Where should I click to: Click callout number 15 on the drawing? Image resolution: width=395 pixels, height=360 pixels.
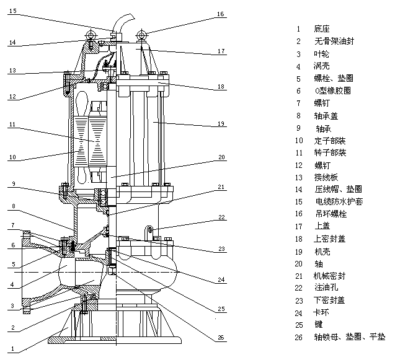pyautogui.click(x=13, y=11)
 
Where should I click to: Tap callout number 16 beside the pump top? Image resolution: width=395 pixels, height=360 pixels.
pyautogui.click(x=221, y=13)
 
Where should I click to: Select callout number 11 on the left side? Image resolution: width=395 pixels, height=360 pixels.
pyautogui.click(x=12, y=124)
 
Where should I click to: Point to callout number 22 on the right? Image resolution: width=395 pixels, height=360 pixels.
pyautogui.click(x=220, y=217)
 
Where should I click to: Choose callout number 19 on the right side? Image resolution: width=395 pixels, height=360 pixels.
pyautogui.click(x=221, y=124)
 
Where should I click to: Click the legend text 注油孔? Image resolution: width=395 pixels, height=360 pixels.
pyautogui.click(x=325, y=288)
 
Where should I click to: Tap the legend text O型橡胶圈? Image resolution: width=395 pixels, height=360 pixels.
pyautogui.click(x=332, y=90)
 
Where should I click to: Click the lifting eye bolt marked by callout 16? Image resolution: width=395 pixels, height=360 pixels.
pyautogui.click(x=141, y=33)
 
